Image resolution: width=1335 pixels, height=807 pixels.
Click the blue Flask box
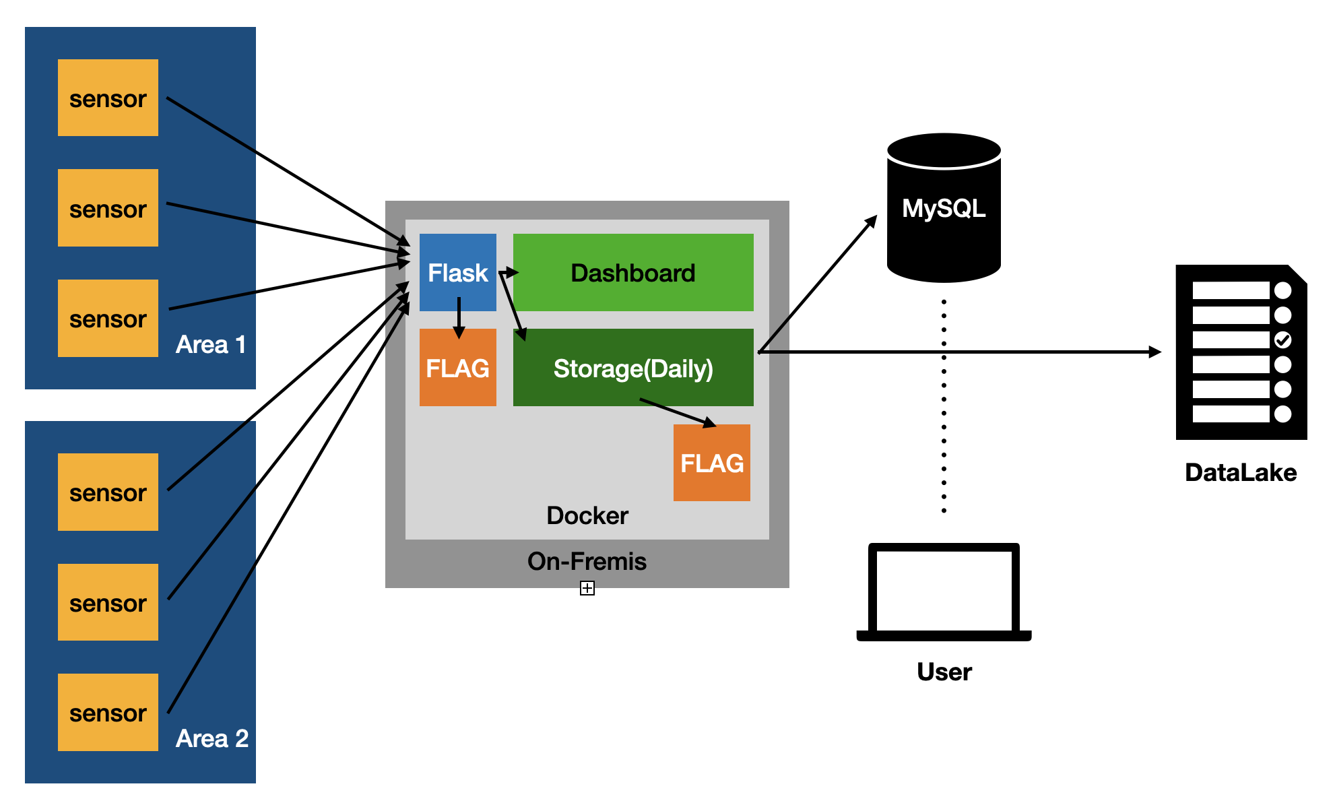[x=457, y=272]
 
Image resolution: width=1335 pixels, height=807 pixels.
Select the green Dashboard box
[x=632, y=272]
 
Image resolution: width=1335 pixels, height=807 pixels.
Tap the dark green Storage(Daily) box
[x=632, y=368]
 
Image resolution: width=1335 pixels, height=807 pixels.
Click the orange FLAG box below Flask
[x=457, y=368]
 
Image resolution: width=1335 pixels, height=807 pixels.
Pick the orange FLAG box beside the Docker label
[x=711, y=463]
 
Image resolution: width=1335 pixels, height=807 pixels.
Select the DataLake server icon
[x=1241, y=352]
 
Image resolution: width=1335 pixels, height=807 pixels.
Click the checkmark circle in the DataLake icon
[x=1282, y=340]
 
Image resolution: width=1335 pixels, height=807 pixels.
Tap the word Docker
[x=587, y=515]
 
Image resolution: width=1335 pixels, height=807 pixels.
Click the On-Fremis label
[x=587, y=561]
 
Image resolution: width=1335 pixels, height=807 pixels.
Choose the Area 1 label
[x=210, y=344]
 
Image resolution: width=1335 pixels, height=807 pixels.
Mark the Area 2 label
[x=211, y=738]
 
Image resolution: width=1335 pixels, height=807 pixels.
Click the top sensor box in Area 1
[x=108, y=98]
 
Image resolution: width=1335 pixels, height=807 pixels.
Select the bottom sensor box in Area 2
[x=108, y=712]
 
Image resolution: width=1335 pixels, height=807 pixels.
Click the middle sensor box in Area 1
[x=108, y=208]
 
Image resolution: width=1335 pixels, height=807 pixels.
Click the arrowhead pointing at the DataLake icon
[x=1155, y=352]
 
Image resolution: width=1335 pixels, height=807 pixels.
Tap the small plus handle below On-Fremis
[x=587, y=589]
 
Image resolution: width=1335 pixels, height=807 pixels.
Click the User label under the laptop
[x=944, y=672]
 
